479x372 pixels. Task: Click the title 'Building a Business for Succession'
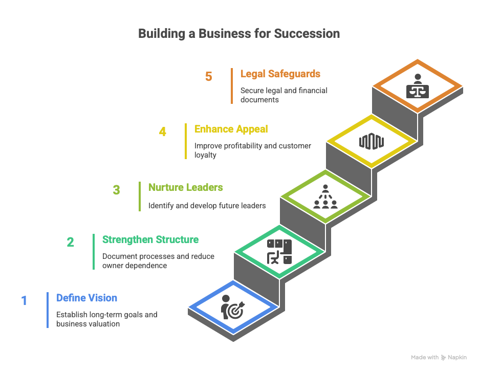click(239, 34)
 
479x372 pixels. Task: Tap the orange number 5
click(209, 77)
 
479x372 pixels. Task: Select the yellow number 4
click(163, 132)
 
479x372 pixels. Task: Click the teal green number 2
click(71, 242)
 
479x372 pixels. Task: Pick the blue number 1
click(24, 300)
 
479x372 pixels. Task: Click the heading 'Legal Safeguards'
click(280, 74)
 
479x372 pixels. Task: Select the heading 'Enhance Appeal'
click(231, 129)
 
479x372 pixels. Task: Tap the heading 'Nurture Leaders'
click(186, 187)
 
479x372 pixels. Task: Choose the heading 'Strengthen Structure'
click(150, 239)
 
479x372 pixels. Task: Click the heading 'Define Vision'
click(87, 298)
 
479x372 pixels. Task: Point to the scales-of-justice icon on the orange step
click(418, 86)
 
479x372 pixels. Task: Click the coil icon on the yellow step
click(372, 141)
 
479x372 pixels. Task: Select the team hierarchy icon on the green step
click(325, 197)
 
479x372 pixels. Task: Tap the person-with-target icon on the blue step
click(233, 307)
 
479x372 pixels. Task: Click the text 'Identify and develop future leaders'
click(207, 206)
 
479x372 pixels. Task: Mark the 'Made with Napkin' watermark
click(439, 358)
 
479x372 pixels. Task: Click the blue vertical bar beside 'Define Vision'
click(48, 310)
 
